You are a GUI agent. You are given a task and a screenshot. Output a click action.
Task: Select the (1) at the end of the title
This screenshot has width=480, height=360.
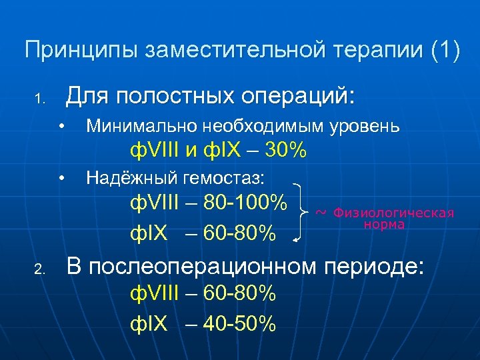(444, 51)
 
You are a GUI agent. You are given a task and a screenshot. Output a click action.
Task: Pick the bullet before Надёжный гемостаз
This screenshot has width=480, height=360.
(61, 177)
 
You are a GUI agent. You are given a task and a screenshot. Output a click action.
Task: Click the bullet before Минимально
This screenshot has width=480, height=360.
(61, 126)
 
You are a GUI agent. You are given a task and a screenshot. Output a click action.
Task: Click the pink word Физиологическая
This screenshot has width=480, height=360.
(393, 213)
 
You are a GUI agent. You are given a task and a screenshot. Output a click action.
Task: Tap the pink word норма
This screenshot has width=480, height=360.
(384, 225)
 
